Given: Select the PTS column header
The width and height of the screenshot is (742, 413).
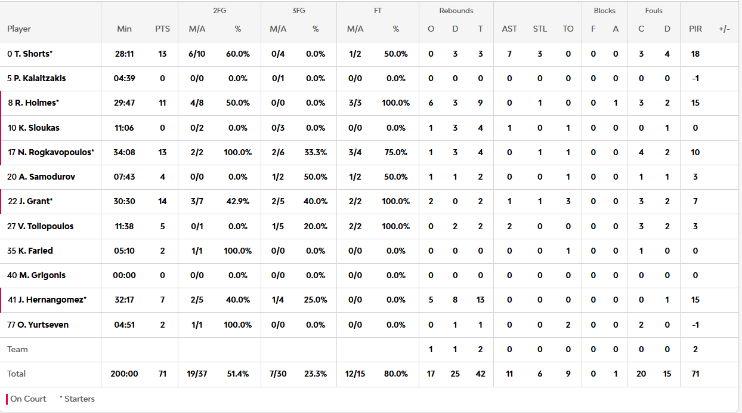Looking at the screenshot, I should pyautogui.click(x=162, y=29).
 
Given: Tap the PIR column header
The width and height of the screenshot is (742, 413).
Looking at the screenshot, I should pyautogui.click(x=695, y=29).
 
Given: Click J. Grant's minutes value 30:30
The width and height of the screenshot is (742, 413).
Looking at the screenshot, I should pyautogui.click(x=124, y=201).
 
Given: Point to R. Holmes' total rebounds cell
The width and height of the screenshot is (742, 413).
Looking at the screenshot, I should pyautogui.click(x=480, y=103).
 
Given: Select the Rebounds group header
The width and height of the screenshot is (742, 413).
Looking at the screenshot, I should pyautogui.click(x=456, y=11).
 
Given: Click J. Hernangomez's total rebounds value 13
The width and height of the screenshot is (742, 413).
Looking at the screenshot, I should pyautogui.click(x=480, y=300).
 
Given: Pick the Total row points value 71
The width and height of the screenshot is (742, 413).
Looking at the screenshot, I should pyautogui.click(x=162, y=374).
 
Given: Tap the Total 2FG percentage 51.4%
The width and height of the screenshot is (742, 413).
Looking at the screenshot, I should pyautogui.click(x=238, y=374).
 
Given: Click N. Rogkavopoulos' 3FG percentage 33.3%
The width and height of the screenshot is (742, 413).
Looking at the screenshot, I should pyautogui.click(x=316, y=152).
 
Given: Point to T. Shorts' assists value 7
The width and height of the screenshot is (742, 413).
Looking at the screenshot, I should pyautogui.click(x=509, y=54).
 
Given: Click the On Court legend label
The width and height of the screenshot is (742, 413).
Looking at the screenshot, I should pyautogui.click(x=28, y=399).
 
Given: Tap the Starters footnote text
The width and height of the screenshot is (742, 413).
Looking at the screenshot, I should pyautogui.click(x=77, y=399).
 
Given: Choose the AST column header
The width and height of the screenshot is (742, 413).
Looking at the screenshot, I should pyautogui.click(x=509, y=29).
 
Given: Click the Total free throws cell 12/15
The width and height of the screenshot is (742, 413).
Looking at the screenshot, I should pyautogui.click(x=355, y=374).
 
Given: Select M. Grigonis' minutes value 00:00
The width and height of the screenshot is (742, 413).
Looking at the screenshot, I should pyautogui.click(x=124, y=275).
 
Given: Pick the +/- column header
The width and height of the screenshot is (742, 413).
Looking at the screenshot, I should pyautogui.click(x=724, y=29).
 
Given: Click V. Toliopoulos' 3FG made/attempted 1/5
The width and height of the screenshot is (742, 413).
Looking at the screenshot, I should pyautogui.click(x=278, y=226).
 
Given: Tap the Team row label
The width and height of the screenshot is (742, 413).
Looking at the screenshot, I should pyautogui.click(x=17, y=349).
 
